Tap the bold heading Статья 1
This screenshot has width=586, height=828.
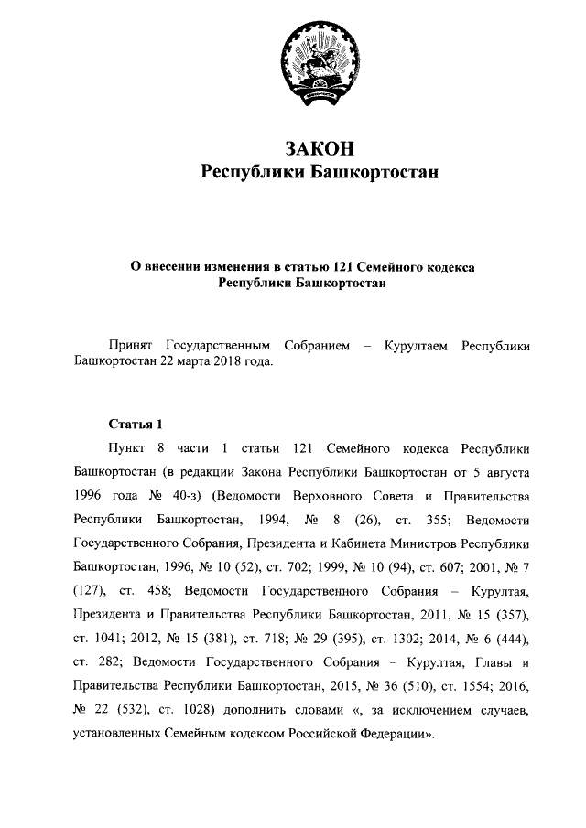pos(136,424)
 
